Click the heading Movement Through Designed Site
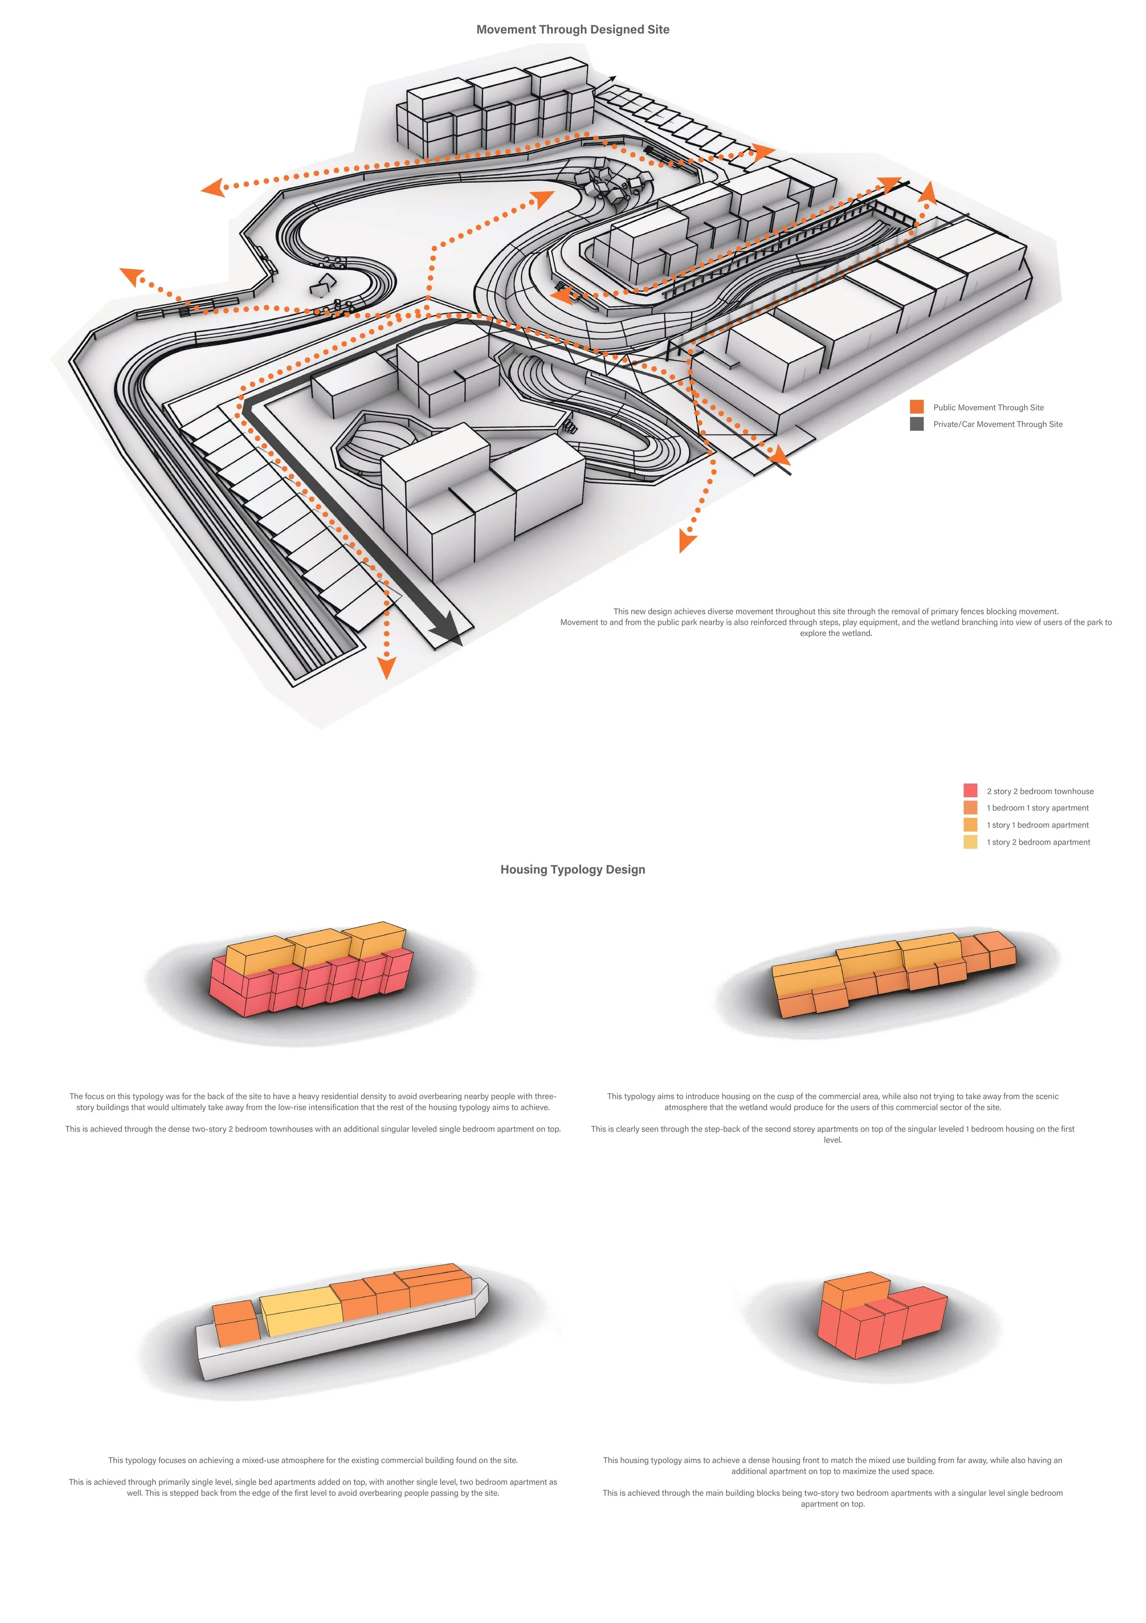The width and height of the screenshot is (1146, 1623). (x=573, y=30)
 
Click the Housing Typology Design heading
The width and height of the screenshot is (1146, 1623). (x=573, y=869)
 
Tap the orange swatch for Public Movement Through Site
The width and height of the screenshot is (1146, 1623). (x=916, y=407)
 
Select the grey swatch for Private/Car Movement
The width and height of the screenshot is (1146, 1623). (x=916, y=424)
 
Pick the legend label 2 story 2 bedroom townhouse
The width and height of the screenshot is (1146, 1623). (x=1040, y=791)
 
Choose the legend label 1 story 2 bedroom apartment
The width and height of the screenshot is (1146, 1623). (x=1039, y=842)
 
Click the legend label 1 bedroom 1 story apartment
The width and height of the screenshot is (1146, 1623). (x=1038, y=808)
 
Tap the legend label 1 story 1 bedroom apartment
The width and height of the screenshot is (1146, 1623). (x=1038, y=825)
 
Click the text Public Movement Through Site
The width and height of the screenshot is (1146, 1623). (x=988, y=408)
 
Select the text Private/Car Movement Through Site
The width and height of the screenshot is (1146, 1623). (x=997, y=424)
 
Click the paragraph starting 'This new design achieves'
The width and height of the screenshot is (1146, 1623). (x=836, y=622)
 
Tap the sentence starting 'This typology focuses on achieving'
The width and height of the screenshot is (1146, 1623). (x=313, y=1460)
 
